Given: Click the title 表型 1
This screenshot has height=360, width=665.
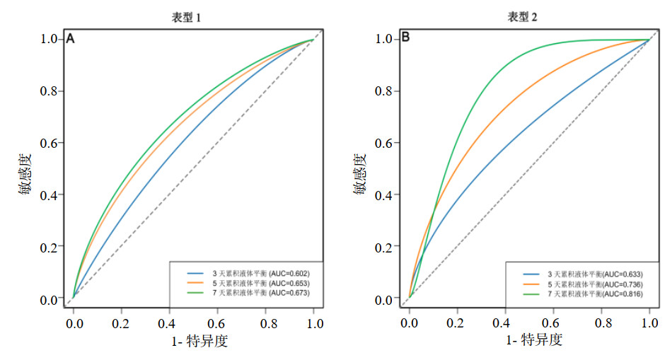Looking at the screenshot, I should [x=187, y=17].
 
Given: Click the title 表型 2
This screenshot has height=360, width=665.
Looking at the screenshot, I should [x=522, y=17].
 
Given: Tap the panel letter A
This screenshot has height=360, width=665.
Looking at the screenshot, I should [x=70, y=40].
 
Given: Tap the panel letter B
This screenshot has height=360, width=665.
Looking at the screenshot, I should [x=405, y=38].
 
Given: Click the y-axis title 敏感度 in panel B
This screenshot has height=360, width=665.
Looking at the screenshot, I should [x=360, y=174].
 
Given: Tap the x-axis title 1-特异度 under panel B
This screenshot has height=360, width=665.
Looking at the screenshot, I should [x=533, y=341].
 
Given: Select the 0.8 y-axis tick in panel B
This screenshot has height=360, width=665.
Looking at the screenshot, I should [x=383, y=91].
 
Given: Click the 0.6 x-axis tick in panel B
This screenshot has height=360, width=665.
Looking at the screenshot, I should [x=553, y=323].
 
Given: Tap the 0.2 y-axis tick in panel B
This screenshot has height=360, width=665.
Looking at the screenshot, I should [x=383, y=247].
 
